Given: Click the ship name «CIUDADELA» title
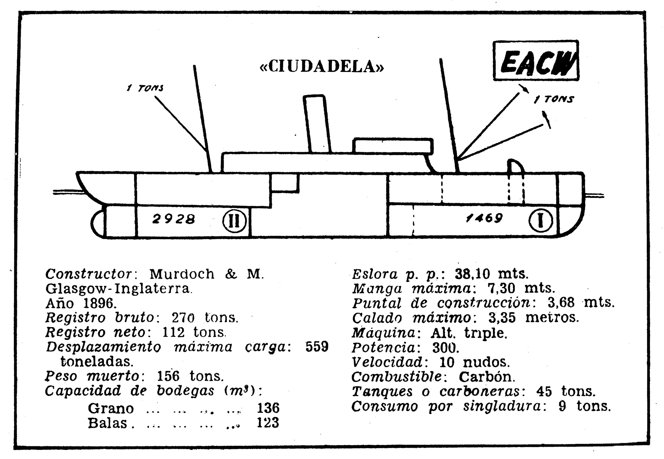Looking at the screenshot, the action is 322,67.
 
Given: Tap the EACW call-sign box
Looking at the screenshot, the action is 536,61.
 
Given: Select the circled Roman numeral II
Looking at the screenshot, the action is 235,221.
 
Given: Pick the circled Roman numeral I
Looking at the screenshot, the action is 541,220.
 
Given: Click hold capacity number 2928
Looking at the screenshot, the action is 173,219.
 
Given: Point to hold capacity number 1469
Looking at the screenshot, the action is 484,217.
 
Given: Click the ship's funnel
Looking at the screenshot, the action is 317,124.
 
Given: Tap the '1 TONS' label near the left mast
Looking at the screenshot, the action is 145,88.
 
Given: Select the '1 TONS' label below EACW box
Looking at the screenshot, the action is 554,99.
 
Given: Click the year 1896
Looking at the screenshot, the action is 97,303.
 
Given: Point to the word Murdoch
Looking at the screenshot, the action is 182,274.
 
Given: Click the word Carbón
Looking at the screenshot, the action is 487,376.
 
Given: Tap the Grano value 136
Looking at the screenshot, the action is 268,408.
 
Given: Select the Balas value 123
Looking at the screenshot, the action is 268,423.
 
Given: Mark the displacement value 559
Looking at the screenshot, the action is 317,346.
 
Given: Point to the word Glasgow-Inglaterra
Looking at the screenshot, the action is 118,289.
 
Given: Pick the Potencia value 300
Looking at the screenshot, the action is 446,348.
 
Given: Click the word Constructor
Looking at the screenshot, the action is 89,274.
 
